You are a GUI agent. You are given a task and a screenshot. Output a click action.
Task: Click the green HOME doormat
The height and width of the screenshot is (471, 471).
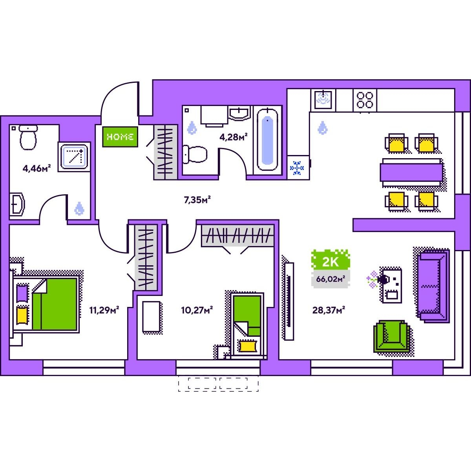(x=120, y=137)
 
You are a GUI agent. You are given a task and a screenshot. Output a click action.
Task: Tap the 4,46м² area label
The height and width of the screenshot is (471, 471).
(x=37, y=169)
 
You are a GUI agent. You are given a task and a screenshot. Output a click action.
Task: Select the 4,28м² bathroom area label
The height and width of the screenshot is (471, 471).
(x=233, y=137)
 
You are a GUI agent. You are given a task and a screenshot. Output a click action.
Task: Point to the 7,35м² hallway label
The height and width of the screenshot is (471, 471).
(x=197, y=200)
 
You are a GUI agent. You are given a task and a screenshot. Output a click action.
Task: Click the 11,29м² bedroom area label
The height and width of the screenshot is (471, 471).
(x=104, y=310)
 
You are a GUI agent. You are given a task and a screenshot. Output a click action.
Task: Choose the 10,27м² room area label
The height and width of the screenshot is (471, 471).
(x=197, y=310)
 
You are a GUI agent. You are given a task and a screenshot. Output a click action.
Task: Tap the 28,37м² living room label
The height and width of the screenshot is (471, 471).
(x=329, y=310)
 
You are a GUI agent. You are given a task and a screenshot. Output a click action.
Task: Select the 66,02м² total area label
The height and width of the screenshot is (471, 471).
(x=330, y=279)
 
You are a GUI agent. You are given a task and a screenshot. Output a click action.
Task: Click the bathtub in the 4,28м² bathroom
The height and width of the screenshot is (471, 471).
(x=268, y=139)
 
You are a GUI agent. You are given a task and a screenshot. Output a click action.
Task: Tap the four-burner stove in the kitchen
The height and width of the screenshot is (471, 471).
(x=365, y=100)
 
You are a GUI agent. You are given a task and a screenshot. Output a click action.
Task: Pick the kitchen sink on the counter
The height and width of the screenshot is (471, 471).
(x=323, y=100)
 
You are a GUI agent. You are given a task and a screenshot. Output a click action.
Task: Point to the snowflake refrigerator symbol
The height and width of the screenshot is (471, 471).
(x=297, y=168)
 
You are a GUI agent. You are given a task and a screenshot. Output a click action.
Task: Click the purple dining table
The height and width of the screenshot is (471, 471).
(x=411, y=172)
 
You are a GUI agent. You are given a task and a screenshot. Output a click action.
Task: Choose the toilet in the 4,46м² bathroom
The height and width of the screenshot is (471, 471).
(x=28, y=137)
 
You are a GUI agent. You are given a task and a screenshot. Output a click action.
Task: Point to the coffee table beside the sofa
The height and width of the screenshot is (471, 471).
(x=392, y=285)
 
